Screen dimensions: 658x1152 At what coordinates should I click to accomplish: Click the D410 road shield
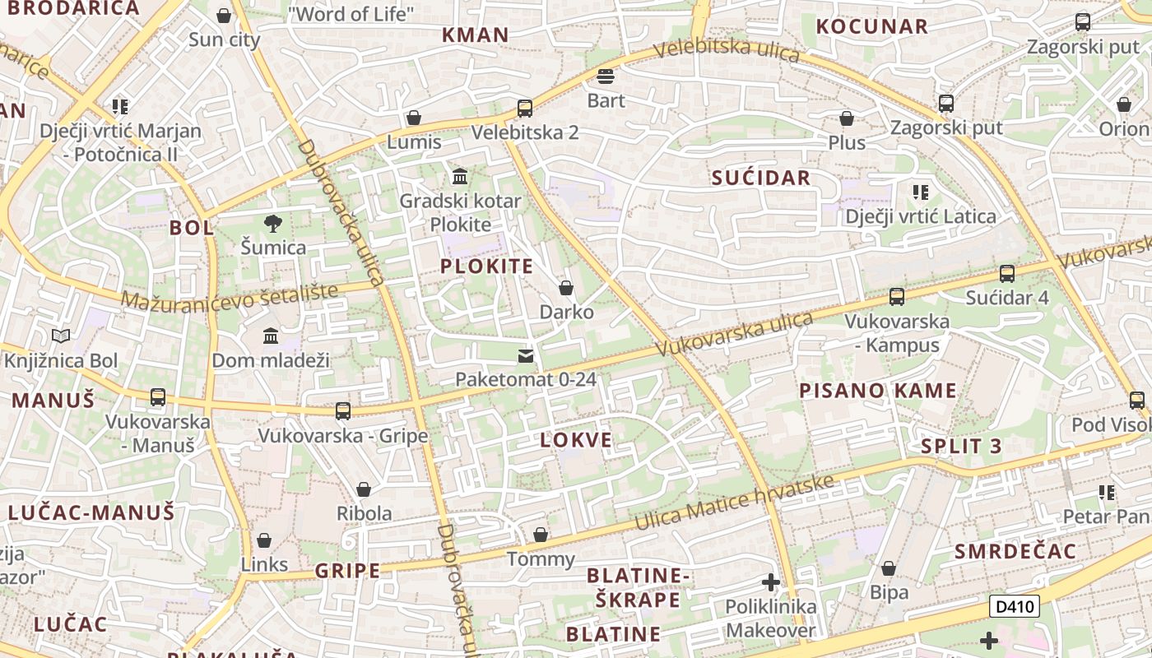tap(1014, 607)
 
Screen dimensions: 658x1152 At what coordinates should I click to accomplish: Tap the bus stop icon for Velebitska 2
tap(524, 108)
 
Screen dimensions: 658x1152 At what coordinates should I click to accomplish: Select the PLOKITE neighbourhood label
tap(486, 266)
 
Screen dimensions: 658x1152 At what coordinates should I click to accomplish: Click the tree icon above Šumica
tap(273, 223)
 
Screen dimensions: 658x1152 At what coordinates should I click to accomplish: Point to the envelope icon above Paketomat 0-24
tap(525, 356)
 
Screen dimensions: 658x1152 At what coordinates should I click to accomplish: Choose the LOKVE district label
tap(576, 440)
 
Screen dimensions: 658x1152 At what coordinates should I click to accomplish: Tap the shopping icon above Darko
tap(566, 288)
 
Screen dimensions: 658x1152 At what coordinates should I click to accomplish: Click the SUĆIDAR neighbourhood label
tap(761, 178)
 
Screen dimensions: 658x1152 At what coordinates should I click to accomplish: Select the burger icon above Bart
tap(606, 77)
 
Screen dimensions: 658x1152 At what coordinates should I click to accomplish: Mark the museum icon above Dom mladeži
tap(271, 336)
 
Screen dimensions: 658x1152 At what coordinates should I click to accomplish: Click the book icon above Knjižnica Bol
tap(61, 336)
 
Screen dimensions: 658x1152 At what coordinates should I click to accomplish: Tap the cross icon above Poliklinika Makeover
tap(770, 582)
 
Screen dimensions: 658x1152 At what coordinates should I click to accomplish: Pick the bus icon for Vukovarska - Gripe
tap(343, 410)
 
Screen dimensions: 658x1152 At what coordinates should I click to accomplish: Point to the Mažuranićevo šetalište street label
tap(230, 296)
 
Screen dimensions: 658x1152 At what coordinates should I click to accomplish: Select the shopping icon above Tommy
tap(541, 535)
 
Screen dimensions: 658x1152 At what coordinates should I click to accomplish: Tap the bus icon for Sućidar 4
tap(1006, 273)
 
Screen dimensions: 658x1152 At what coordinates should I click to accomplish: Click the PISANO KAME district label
tap(878, 391)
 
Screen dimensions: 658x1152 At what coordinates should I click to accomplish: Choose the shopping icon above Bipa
tap(889, 568)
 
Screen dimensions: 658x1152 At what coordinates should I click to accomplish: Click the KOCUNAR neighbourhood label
tap(871, 26)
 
